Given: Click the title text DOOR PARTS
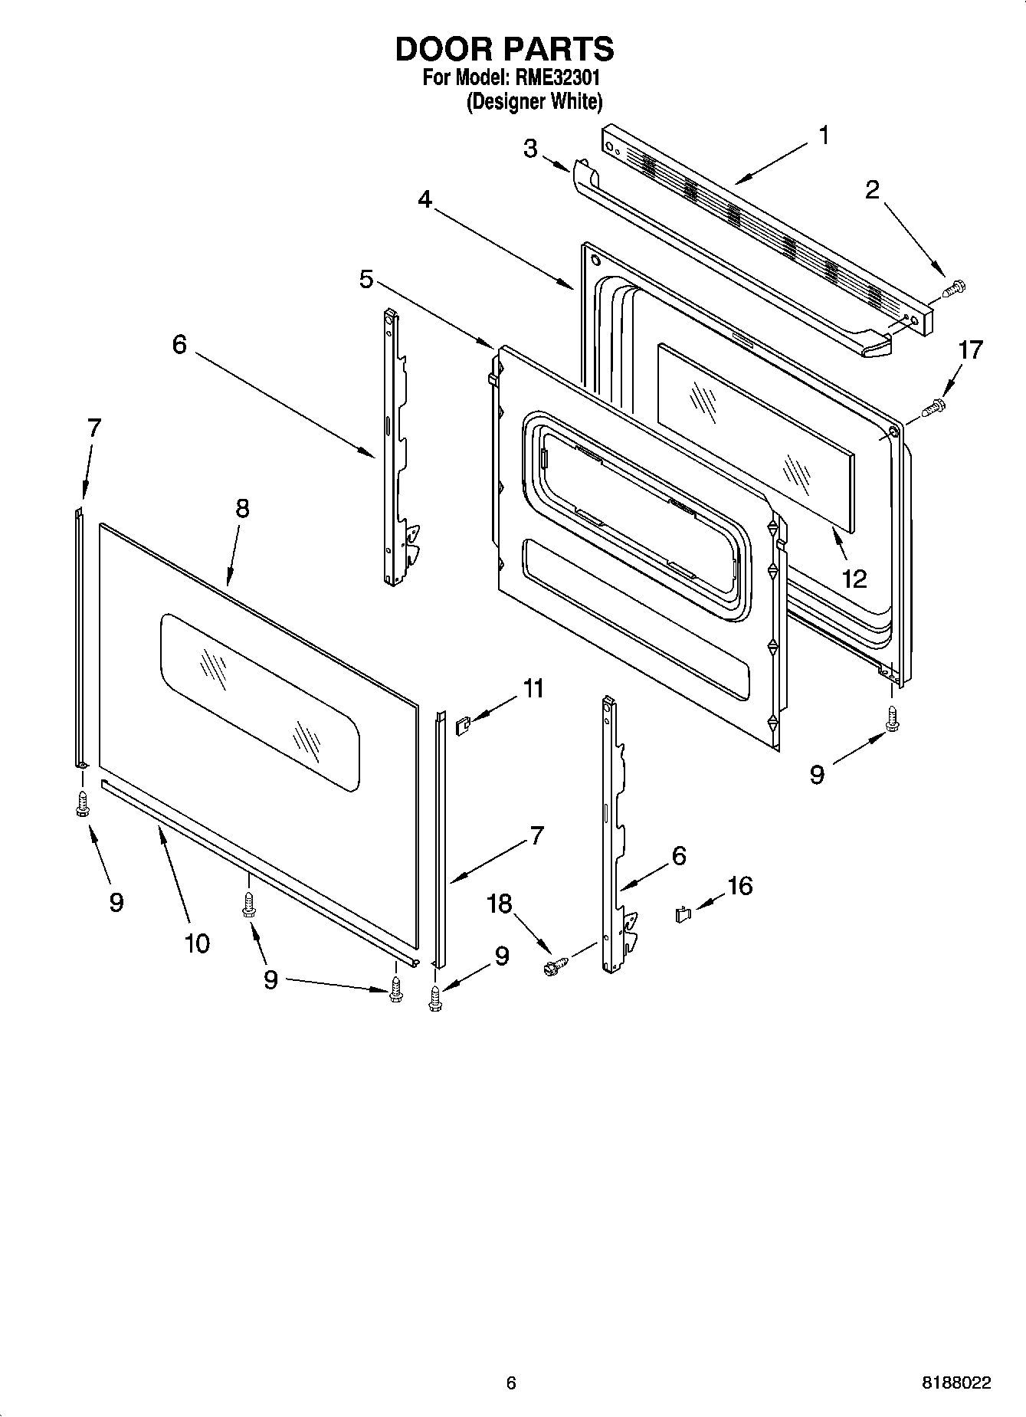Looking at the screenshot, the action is coord(504,49).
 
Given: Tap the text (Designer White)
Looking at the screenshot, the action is coord(534,101).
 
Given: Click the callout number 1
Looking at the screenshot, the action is coord(824,136).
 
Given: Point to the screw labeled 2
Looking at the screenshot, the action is coord(954,288).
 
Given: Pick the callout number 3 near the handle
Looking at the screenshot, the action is coord(530,148).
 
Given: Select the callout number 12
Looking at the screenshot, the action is coord(854,578).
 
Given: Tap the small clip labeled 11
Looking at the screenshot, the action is coord(462,724).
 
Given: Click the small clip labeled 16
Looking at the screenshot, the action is coord(683,914).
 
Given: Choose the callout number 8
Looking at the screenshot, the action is coord(242,508).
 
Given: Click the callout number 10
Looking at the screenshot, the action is coord(197,943).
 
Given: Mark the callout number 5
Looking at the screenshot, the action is coord(366,280).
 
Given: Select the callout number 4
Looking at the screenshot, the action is coord(424,199).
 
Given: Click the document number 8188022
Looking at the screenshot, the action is coord(956,1383).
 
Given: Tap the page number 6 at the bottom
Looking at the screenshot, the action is coord(511,1383).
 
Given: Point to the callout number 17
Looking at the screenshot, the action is coord(970,350).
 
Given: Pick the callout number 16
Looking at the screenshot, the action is coord(739,886).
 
